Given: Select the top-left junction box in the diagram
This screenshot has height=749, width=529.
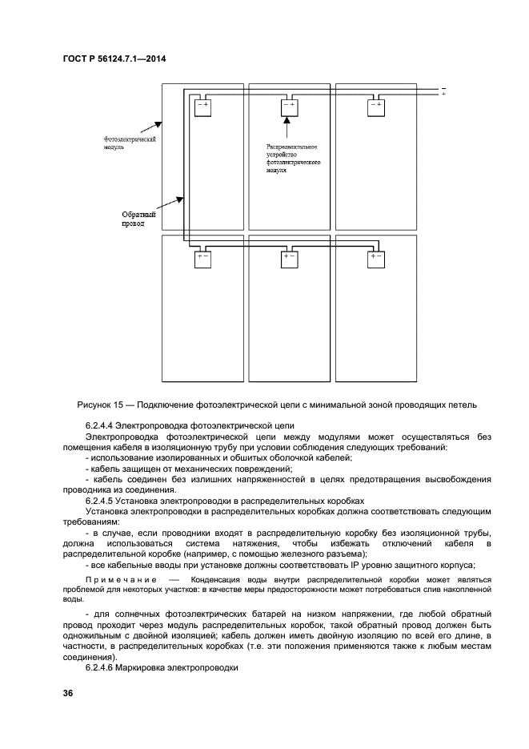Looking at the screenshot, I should (x=201, y=107).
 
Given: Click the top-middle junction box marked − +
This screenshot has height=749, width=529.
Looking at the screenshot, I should (x=287, y=107).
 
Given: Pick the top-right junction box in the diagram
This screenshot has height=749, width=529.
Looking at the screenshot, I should (x=375, y=107).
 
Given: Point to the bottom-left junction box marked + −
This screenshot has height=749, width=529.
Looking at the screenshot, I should (x=201, y=259).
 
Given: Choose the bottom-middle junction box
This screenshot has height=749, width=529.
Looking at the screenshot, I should (x=288, y=259).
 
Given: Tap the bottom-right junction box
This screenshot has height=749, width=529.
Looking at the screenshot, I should (x=375, y=259).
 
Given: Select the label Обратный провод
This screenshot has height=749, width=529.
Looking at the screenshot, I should (x=137, y=219).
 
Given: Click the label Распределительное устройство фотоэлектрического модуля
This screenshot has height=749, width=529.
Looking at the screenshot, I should (x=294, y=159).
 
